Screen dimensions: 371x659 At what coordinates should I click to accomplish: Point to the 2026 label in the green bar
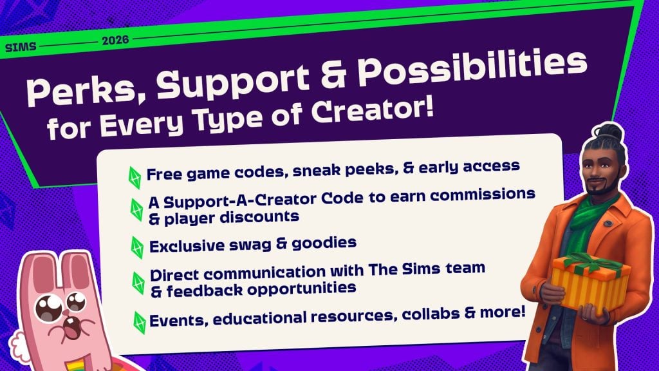point(115,40)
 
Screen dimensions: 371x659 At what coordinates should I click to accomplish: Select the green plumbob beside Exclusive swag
point(136,247)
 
